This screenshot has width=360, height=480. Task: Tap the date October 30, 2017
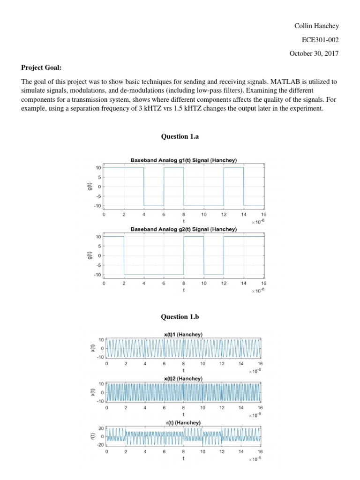(313, 53)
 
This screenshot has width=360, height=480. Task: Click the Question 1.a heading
(180, 137)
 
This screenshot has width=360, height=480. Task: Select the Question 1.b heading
(180, 317)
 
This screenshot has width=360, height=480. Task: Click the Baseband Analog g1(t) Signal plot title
(183, 160)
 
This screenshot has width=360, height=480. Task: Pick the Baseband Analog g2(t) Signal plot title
(183, 229)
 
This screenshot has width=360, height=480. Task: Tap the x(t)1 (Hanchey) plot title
(183, 334)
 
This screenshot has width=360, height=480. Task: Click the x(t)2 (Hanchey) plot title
(183, 378)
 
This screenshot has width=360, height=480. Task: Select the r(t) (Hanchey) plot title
(183, 422)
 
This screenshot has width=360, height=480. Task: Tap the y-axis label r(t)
(92, 436)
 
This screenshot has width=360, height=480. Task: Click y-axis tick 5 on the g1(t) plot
(98, 177)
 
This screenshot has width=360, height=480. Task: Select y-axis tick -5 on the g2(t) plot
(97, 265)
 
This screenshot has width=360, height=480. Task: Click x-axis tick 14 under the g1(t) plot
(244, 215)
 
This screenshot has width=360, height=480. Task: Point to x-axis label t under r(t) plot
(183, 459)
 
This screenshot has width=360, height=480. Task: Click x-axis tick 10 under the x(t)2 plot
(202, 408)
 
